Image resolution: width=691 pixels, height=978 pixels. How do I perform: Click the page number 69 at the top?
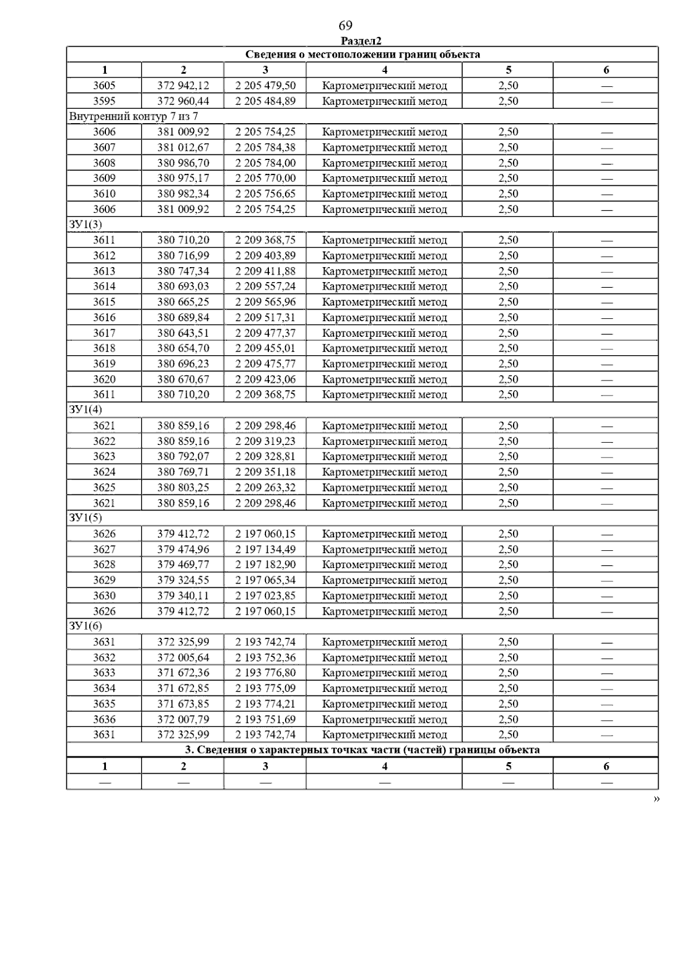[345, 25]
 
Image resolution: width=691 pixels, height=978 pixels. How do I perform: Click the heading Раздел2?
[361, 41]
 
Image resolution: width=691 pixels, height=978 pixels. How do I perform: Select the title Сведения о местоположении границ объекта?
[362, 55]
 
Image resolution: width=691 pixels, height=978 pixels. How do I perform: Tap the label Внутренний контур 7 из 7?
[134, 116]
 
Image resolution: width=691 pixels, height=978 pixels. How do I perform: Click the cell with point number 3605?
[104, 86]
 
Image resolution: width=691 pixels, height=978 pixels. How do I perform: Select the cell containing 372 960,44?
[183, 101]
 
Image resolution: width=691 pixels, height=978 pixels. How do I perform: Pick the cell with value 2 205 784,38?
[265, 147]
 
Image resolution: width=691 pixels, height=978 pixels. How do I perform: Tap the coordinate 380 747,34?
[183, 271]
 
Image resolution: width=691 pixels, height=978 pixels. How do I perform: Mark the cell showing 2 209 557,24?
[265, 287]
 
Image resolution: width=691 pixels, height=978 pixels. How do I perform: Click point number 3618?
[104, 348]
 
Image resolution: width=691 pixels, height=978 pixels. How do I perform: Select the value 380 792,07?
[183, 456]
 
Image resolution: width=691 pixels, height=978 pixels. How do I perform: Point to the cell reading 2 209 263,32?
[265, 488]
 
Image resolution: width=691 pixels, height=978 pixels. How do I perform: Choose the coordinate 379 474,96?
[183, 549]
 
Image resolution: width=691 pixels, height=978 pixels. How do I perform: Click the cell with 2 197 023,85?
[265, 596]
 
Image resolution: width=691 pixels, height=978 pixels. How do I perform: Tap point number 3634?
[104, 688]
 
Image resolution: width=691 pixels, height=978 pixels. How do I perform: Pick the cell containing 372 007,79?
[183, 720]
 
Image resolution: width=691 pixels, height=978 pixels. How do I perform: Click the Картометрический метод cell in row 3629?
[384, 580]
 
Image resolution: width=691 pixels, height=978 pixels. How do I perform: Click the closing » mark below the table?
[656, 798]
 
